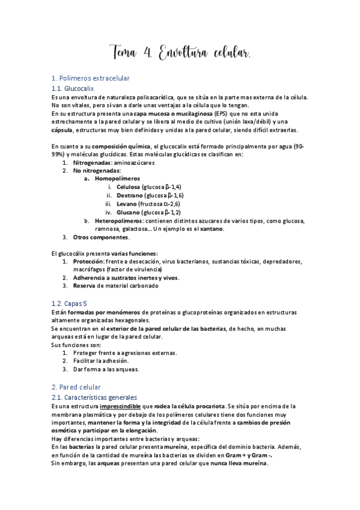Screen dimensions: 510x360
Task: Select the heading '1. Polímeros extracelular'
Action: [90, 79]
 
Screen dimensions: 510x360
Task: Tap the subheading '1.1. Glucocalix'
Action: [73, 88]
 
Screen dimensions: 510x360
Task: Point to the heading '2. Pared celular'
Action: [76, 387]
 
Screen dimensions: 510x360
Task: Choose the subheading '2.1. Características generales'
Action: [95, 398]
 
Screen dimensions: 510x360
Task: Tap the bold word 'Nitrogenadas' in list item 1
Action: [92, 163]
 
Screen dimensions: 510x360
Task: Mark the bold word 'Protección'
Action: [88, 262]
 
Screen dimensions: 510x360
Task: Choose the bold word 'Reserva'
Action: [85, 286]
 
